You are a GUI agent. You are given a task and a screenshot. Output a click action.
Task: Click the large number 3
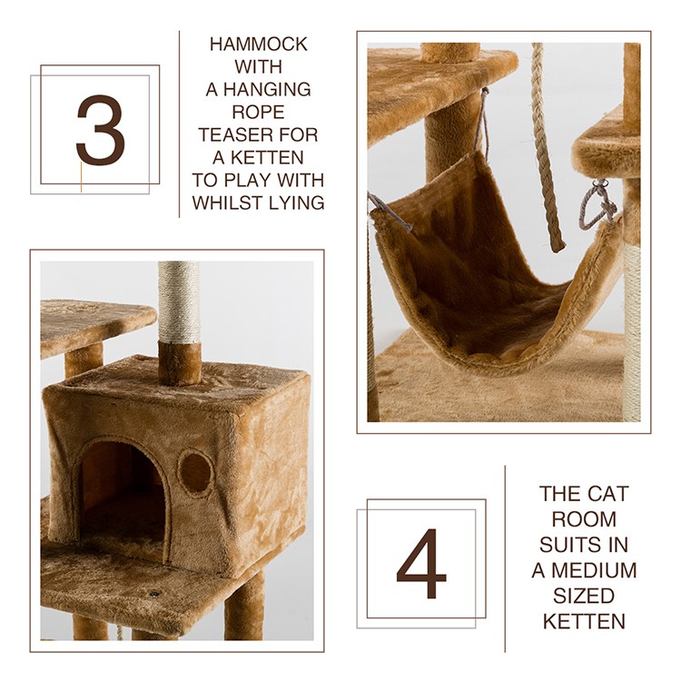coord(100,129)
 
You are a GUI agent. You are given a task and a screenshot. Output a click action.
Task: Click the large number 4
coord(420,563)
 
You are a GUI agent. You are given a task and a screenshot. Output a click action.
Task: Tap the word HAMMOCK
coord(259,44)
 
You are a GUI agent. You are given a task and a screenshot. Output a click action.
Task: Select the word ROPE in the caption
coord(259,112)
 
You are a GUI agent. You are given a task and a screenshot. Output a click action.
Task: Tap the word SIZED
coord(584,596)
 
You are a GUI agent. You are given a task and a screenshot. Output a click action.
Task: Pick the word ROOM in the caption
coord(584,519)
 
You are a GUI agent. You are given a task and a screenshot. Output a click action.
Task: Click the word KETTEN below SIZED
coord(584,621)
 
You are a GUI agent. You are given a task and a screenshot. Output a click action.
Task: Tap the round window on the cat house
coord(195,472)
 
